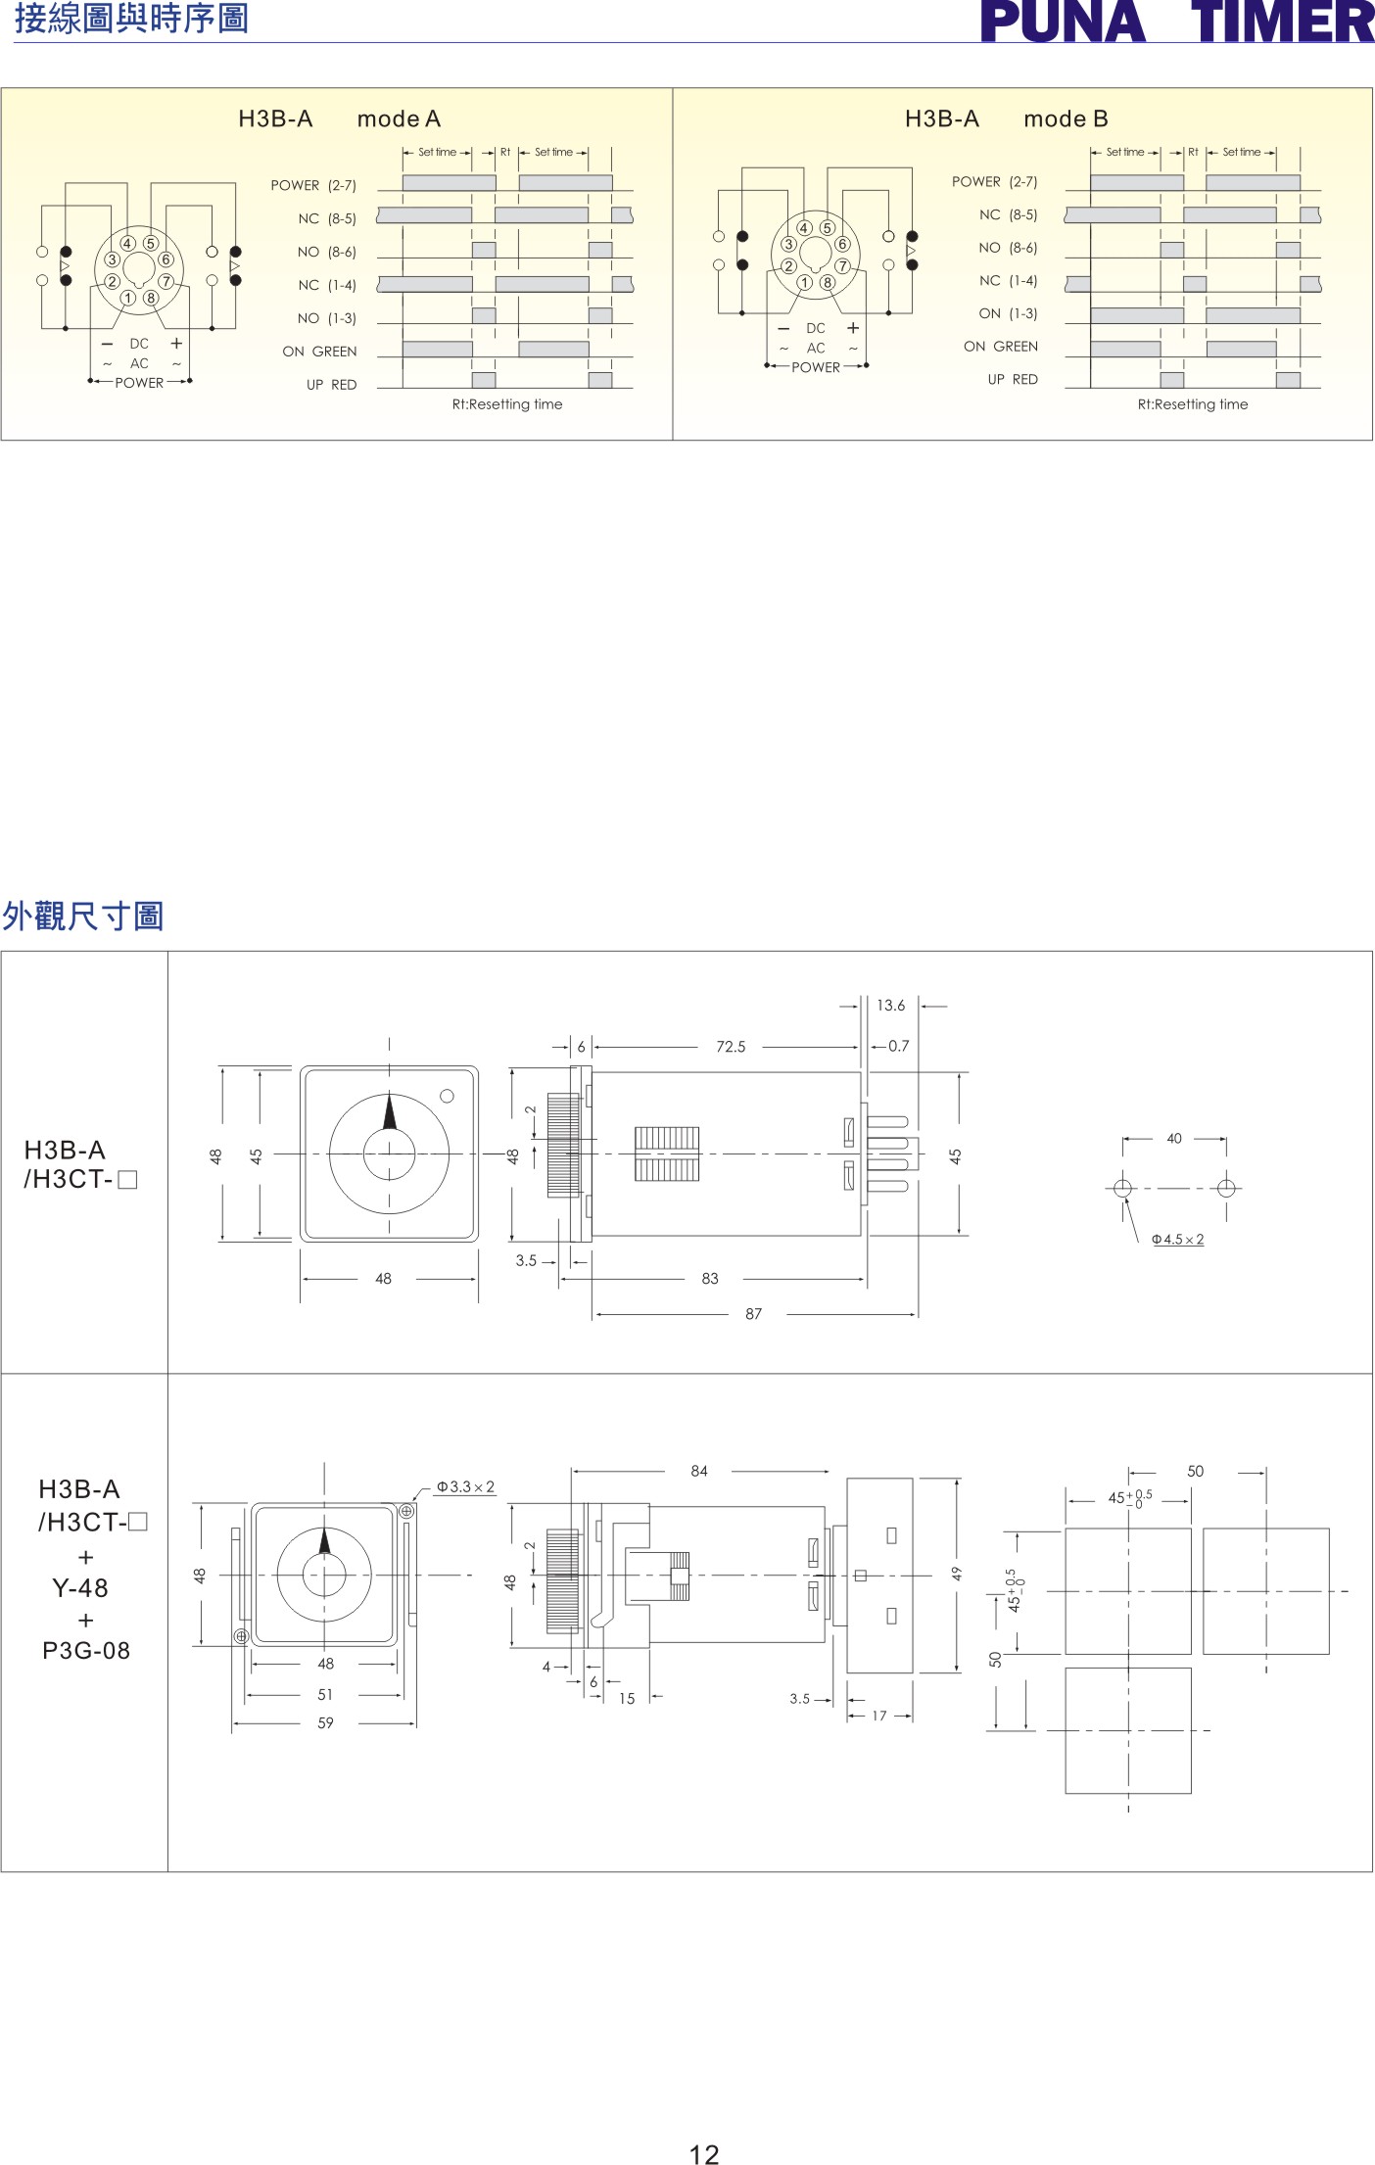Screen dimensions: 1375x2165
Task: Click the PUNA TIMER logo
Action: tap(1177, 22)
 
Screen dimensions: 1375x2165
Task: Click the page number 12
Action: tap(704, 2153)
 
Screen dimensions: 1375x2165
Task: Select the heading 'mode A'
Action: tap(399, 119)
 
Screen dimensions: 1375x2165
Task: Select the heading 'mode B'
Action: tap(1066, 119)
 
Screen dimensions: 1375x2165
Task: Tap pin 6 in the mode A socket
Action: tap(166, 259)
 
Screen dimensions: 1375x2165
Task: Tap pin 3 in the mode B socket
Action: tap(788, 244)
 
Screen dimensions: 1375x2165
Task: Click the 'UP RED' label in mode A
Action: tap(331, 385)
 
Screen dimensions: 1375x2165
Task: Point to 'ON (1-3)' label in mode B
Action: tap(1008, 313)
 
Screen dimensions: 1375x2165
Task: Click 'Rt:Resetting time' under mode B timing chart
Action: tap(1193, 404)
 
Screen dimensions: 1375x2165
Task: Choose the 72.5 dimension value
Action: tap(731, 1047)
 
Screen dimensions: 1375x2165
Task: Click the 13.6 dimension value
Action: tap(891, 1006)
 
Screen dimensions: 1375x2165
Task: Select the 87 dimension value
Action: tap(753, 1314)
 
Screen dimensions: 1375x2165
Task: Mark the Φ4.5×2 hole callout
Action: tap(1177, 1240)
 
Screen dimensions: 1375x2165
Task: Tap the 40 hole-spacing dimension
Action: tap(1174, 1139)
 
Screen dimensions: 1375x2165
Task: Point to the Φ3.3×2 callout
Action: tap(465, 1486)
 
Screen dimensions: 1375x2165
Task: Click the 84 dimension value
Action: tap(699, 1471)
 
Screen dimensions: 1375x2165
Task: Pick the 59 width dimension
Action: tap(325, 1722)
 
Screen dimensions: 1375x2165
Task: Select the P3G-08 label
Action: tap(86, 1651)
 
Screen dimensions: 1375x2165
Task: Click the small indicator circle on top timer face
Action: tap(447, 1097)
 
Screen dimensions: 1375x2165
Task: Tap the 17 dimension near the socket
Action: tap(879, 1716)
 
